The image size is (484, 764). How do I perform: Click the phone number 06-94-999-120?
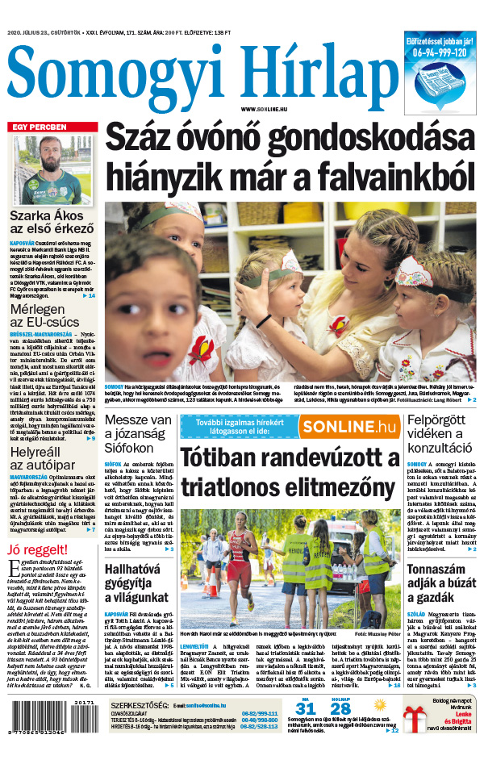438,52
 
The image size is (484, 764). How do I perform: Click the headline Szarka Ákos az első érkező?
52,223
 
